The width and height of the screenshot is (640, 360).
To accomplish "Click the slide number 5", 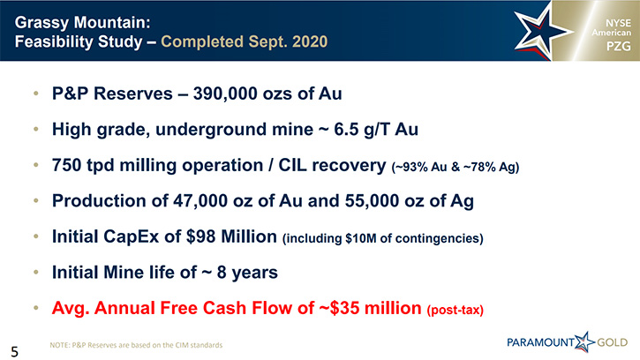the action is tap(15, 351).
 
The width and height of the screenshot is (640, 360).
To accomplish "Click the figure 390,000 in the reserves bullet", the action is tap(224, 94).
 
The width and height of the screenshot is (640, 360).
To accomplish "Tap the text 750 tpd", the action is tap(83, 166).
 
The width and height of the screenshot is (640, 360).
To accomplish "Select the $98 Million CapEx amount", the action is tap(231, 236).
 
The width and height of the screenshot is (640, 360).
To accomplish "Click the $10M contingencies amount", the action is tap(361, 238).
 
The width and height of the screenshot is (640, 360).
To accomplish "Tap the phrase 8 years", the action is tap(247, 273).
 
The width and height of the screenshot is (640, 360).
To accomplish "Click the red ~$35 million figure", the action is tap(370, 308).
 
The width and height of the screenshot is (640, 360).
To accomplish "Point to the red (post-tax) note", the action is tap(456, 311).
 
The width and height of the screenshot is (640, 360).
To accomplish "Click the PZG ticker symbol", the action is tap(618, 47).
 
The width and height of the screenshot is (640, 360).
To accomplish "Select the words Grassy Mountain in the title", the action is tap(82, 23).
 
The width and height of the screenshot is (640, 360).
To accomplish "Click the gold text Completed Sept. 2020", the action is tap(244, 41).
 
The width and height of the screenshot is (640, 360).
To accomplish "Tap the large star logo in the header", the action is tap(541, 33).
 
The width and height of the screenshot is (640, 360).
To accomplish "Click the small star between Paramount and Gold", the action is tap(585, 341).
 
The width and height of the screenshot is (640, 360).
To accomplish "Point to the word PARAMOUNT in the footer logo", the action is tap(540, 342).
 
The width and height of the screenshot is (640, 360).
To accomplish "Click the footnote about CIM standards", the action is tap(136, 345).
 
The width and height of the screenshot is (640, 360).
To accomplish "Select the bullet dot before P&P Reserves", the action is tap(36, 94).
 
